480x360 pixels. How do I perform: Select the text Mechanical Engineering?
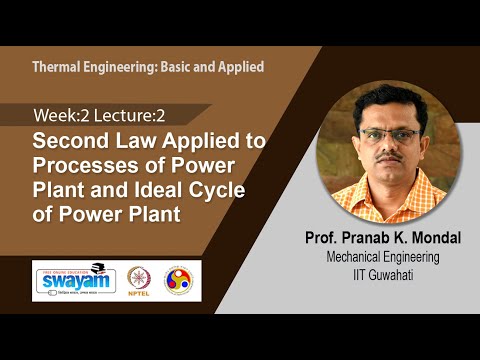coord(383,257)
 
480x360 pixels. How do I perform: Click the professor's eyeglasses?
coord(391,134)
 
